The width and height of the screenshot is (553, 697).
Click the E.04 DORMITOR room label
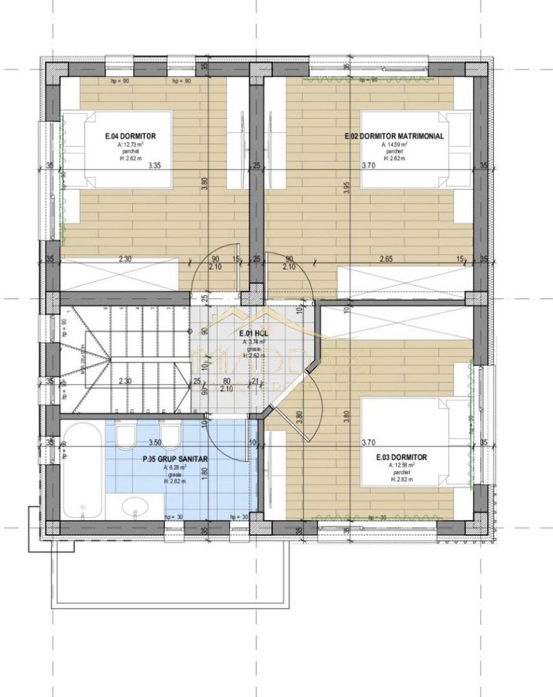pos(130,136)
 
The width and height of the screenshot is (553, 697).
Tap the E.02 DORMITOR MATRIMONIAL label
pos(394,136)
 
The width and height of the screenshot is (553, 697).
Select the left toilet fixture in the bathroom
pos(125,437)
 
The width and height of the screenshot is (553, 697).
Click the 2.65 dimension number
pos(387,259)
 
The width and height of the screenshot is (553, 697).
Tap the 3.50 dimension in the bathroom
pos(154,443)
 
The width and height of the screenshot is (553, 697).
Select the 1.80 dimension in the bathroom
pos(204,471)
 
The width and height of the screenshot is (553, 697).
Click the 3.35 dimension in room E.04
pos(154,166)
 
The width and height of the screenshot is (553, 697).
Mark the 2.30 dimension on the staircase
pos(125,381)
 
